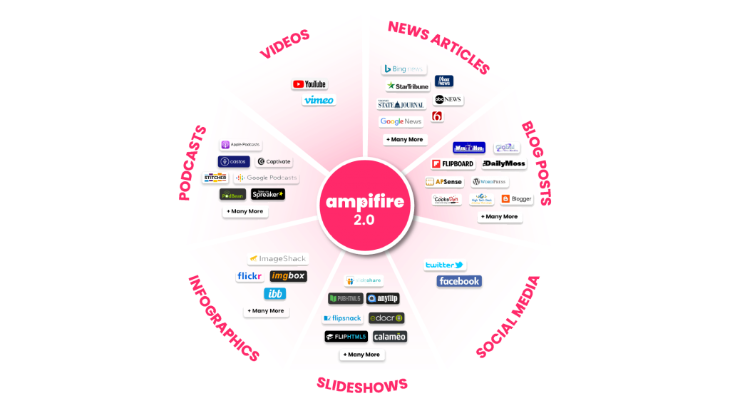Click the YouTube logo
click(x=309, y=84)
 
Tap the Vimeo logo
click(x=318, y=100)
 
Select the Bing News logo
click(x=404, y=68)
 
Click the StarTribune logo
click(x=408, y=86)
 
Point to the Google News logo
click(x=401, y=121)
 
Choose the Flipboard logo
click(x=453, y=164)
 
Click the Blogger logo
click(x=517, y=199)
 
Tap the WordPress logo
click(x=489, y=182)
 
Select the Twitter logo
click(x=445, y=265)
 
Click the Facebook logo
click(x=459, y=281)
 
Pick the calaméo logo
click(x=390, y=337)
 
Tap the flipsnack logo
click(x=342, y=318)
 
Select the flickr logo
click(x=250, y=276)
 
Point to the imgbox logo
click(x=289, y=276)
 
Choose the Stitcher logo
click(x=215, y=178)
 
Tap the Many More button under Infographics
click(x=267, y=311)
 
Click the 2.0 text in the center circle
click(x=364, y=220)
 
